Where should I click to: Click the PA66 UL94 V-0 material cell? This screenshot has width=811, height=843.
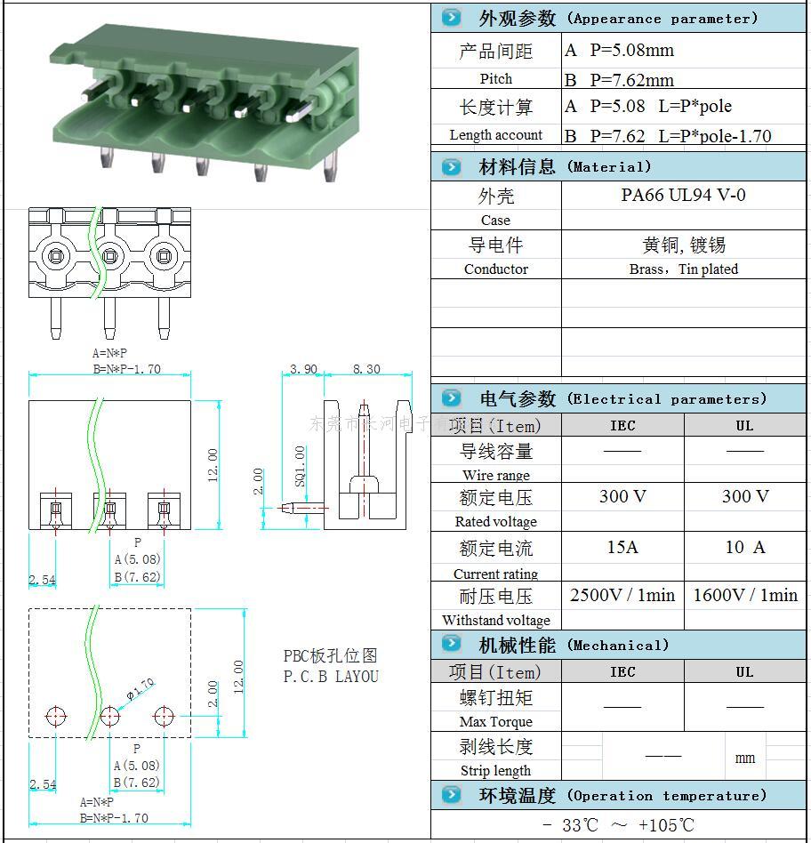coord(683,195)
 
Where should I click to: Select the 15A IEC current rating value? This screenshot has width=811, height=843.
coord(622,547)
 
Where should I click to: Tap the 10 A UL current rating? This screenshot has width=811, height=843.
coord(744,547)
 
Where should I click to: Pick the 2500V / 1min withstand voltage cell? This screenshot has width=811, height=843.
coord(622,595)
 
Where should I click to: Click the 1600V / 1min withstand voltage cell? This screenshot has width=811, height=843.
coord(745,595)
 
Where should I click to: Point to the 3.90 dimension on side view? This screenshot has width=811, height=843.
coord(304,369)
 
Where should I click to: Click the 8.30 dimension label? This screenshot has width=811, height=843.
coord(366,369)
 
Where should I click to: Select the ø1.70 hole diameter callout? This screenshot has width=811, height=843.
coord(141,688)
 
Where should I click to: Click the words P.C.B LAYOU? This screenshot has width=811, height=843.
coord(331,677)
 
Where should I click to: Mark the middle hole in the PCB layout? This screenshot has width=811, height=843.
coord(109,715)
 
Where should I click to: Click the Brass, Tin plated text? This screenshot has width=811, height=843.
coord(683,269)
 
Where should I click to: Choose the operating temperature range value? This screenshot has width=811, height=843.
coord(618,825)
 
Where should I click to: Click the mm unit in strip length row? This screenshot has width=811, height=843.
coord(745,758)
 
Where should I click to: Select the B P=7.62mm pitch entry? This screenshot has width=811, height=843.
coord(620,80)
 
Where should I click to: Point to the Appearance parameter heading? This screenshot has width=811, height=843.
coord(662,18)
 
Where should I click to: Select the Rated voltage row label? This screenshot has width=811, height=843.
coord(495,521)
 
